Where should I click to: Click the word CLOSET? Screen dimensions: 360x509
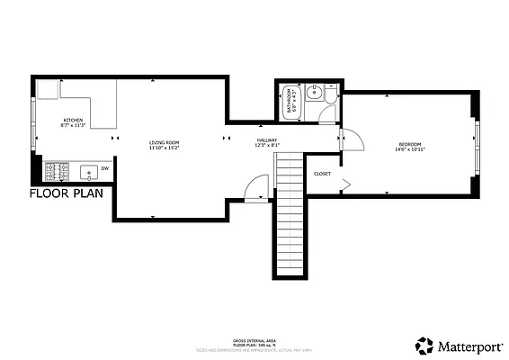point(322,174)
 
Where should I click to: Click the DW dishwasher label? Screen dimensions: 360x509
point(104,168)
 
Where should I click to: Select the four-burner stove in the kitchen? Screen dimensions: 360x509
point(57,169)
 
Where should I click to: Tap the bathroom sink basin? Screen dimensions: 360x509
point(315,91)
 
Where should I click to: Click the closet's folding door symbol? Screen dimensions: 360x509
point(345,184)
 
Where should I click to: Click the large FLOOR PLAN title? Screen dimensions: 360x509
point(67,193)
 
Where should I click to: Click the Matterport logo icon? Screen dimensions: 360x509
point(422,345)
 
